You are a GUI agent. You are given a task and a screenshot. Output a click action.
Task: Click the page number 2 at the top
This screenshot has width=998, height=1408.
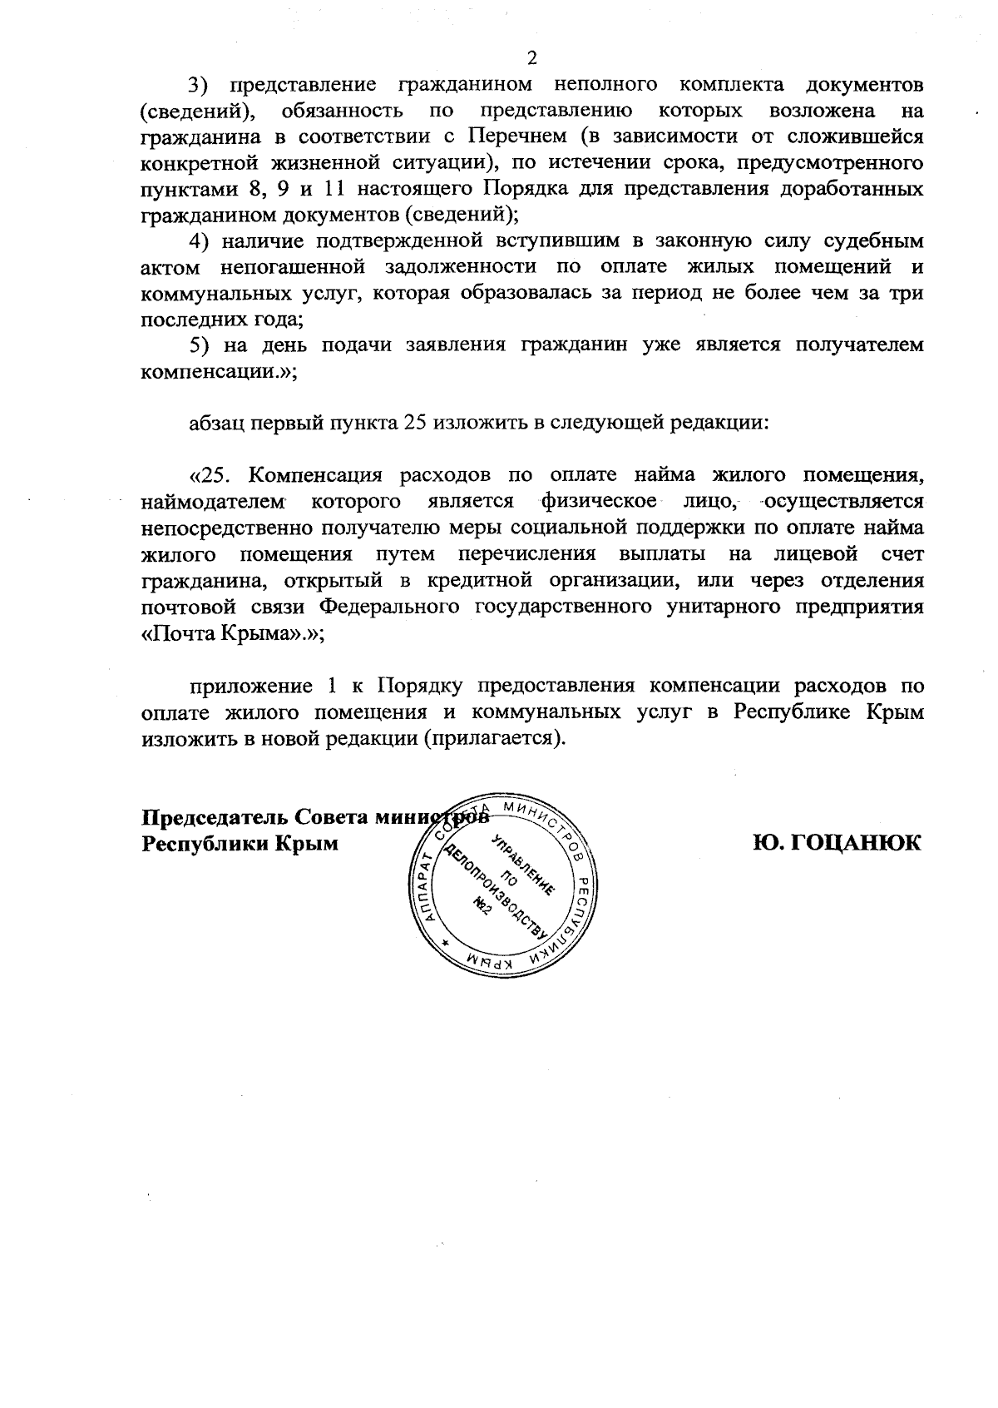[532, 57]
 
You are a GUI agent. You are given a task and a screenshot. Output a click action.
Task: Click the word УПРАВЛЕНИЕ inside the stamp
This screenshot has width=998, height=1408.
[523, 866]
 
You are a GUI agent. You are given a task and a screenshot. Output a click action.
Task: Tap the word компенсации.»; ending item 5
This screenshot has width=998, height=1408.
[220, 372]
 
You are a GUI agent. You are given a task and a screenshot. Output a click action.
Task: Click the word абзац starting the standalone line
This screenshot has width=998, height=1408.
[219, 424]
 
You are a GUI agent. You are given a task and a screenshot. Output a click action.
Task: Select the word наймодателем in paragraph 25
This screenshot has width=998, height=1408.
[214, 503]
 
